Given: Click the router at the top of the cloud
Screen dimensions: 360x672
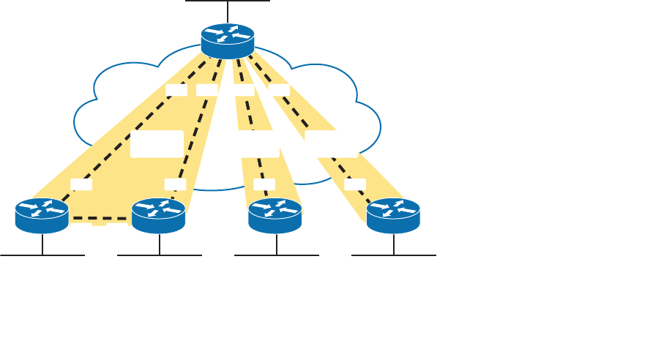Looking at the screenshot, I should pyautogui.click(x=228, y=41).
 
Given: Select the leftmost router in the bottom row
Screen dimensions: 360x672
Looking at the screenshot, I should pyautogui.click(x=42, y=214).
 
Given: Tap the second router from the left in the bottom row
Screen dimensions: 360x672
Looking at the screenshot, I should pyautogui.click(x=159, y=214).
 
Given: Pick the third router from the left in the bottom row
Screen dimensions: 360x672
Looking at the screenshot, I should pyautogui.click(x=276, y=214).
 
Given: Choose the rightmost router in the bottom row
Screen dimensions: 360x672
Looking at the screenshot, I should pyautogui.click(x=394, y=214).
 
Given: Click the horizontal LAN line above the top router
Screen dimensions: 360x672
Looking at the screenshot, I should pyautogui.click(x=228, y=1).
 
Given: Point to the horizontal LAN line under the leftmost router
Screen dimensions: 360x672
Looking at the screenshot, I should pyautogui.click(x=42, y=255).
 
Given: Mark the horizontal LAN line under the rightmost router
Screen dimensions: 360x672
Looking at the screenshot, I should pyautogui.click(x=394, y=255).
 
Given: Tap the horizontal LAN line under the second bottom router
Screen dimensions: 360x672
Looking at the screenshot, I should pyautogui.click(x=159, y=255).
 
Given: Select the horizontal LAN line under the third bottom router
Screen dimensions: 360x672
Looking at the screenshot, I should pyautogui.click(x=277, y=255).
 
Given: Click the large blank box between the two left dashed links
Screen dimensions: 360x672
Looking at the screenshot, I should pyautogui.click(x=157, y=143).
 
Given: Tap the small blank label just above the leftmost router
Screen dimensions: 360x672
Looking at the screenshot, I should pyautogui.click(x=81, y=184).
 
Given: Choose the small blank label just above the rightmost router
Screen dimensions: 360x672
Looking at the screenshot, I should pyautogui.click(x=355, y=184).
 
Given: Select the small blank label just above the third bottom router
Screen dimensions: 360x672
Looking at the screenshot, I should pyautogui.click(x=264, y=184).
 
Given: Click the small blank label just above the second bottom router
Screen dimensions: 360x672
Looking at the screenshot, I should pyautogui.click(x=176, y=184).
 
